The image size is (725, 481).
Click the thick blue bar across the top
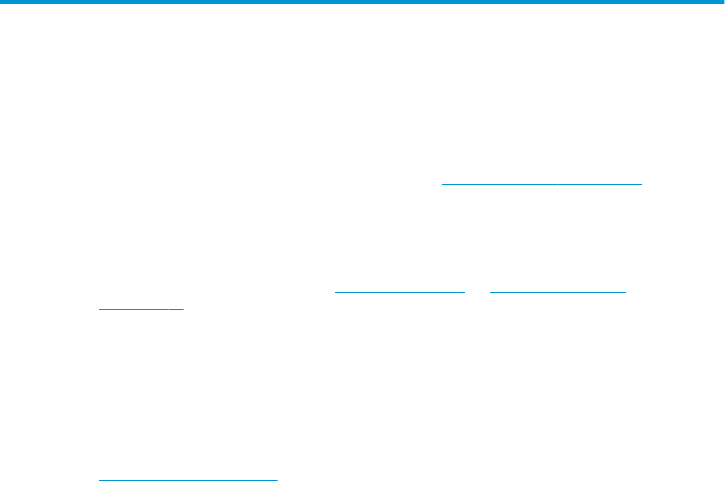point(362,2)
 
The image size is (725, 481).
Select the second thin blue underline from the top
point(409,246)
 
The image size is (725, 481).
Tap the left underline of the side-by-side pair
point(400,290)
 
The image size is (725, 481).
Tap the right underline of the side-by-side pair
point(558,290)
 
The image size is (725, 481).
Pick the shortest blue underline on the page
point(141,309)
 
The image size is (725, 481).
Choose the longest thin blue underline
point(551,461)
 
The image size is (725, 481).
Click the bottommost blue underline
point(188,480)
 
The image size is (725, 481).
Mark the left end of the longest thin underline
point(433,461)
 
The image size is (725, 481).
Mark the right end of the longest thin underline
point(669,461)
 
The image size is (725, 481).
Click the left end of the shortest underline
point(100,309)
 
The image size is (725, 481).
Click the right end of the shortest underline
point(183,309)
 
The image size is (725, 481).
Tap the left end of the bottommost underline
point(99,480)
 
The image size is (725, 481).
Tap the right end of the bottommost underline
point(277,480)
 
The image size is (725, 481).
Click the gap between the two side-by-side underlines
point(477,290)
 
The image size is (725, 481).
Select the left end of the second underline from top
point(335,246)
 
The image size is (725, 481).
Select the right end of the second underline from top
point(482,246)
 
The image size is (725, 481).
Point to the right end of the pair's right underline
point(626,290)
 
